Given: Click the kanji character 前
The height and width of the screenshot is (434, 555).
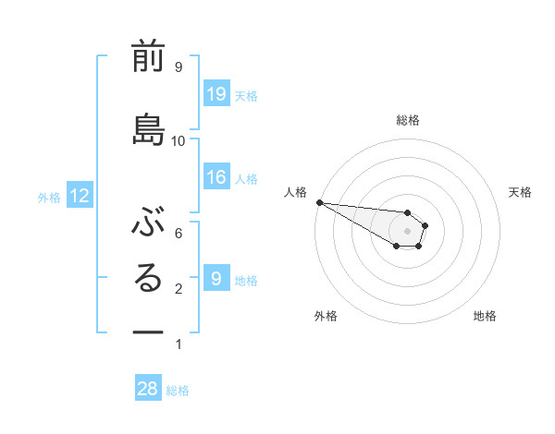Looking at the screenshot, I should (x=148, y=58).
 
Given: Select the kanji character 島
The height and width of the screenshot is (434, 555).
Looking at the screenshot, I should (x=148, y=130).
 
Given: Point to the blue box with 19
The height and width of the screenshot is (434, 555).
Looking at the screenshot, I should (x=216, y=94).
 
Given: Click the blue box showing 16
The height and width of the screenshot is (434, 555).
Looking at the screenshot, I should (x=216, y=177).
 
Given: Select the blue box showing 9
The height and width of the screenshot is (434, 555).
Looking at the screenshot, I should (x=216, y=278).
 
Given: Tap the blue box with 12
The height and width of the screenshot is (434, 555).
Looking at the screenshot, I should (x=80, y=196).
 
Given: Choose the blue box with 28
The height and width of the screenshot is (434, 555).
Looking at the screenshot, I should (x=148, y=389).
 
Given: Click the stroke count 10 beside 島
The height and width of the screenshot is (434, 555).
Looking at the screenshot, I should (x=179, y=140).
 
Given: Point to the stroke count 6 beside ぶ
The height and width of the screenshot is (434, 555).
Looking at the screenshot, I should (x=179, y=233).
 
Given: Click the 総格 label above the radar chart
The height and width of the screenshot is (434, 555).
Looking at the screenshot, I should (x=408, y=120).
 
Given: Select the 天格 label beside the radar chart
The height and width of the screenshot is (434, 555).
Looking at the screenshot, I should (x=520, y=192).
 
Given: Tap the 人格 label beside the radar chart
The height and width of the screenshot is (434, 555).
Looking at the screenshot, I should (x=295, y=192).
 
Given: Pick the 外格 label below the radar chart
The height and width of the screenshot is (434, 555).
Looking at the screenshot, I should (x=326, y=316).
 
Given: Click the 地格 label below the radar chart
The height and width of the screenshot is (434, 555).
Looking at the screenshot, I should (x=485, y=316).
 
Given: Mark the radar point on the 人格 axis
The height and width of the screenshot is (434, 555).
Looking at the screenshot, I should (x=319, y=202).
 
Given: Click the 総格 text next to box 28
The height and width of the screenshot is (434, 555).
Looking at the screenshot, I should (x=179, y=391).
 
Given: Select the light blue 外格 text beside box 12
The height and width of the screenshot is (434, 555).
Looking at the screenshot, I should (x=49, y=197).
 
